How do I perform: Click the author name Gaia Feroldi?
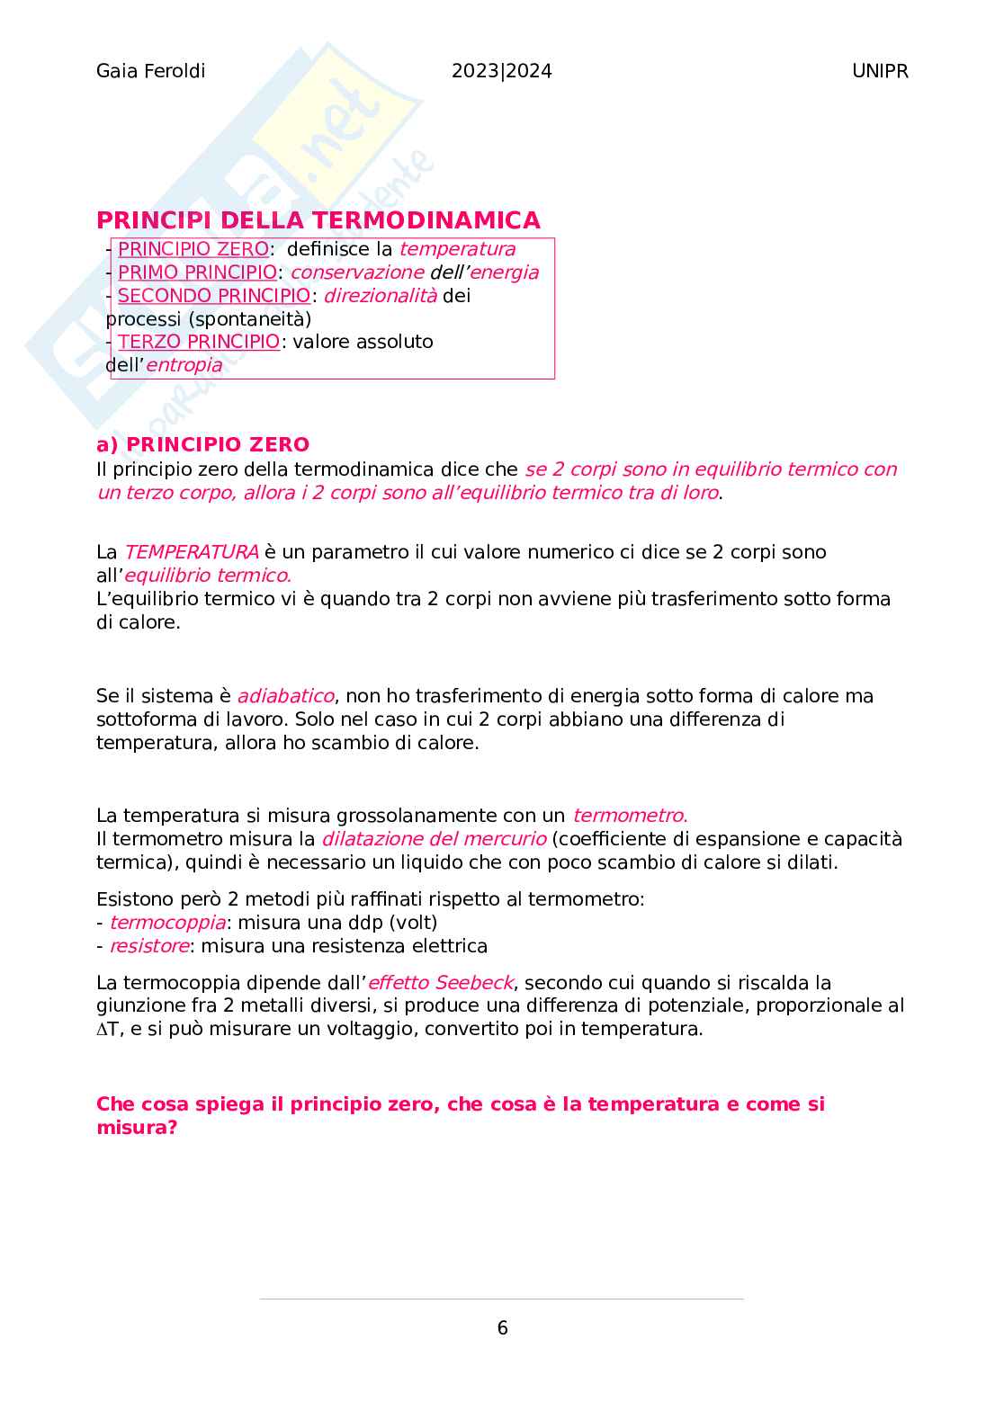tap(150, 71)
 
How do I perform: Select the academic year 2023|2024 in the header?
tap(501, 71)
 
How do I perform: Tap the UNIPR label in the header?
tap(879, 71)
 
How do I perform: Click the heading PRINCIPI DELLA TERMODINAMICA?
tap(318, 220)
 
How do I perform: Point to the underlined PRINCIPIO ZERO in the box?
tap(193, 249)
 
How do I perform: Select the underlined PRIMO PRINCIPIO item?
tap(197, 272)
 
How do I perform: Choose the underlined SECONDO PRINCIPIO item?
tap(214, 296)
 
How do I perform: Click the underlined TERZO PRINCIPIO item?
tap(199, 342)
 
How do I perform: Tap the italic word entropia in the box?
tap(184, 365)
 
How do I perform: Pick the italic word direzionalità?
tap(380, 296)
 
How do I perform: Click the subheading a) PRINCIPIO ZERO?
tap(202, 444)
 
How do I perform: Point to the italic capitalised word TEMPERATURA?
tap(191, 552)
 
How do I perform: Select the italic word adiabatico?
tap(285, 696)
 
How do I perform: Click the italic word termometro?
tap(630, 816)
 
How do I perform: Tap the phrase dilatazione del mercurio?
tap(434, 839)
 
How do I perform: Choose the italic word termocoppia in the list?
tap(167, 923)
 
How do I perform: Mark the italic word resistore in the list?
tap(149, 946)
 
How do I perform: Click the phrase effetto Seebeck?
tap(440, 983)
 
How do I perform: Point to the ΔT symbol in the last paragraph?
tap(107, 1029)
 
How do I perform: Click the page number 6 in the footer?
tap(502, 1328)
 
